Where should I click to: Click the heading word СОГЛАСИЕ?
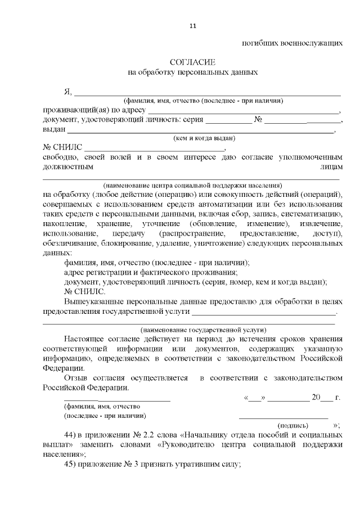(193, 62)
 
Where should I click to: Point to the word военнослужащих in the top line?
(312, 43)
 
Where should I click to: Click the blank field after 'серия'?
(228, 121)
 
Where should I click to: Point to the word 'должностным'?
(67, 167)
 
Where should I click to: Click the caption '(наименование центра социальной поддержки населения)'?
(192, 185)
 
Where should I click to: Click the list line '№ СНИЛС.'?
(84, 291)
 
